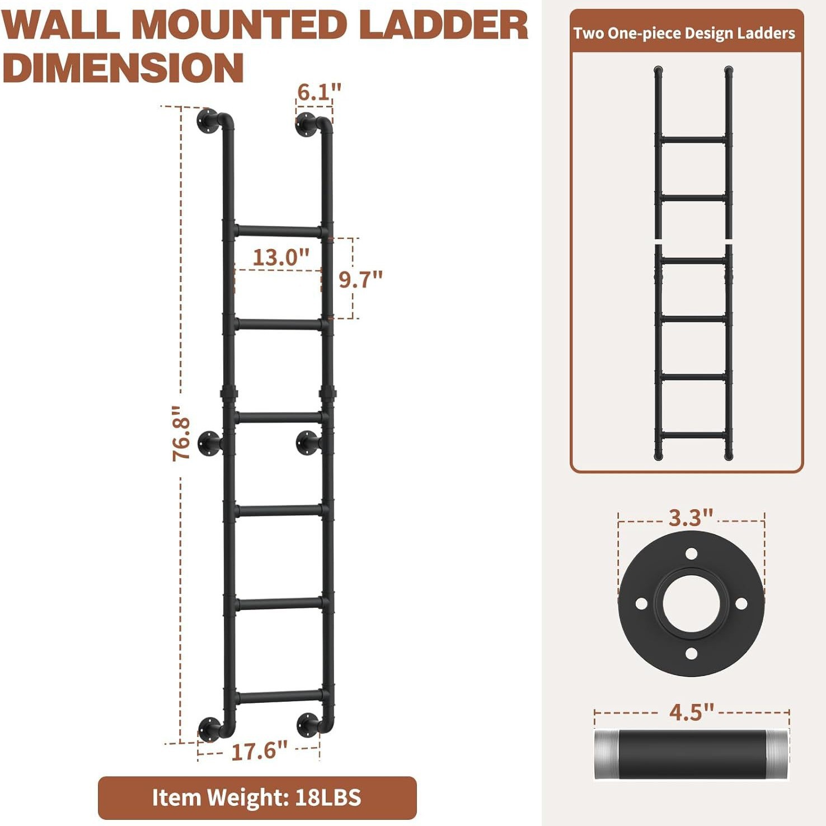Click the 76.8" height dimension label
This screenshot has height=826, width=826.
(x=181, y=434)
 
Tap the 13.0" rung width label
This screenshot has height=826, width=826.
(x=281, y=257)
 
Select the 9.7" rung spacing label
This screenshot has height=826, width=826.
(x=361, y=279)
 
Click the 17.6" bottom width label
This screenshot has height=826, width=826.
(x=259, y=751)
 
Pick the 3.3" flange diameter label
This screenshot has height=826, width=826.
(x=691, y=518)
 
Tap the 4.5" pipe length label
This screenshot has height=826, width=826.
(x=692, y=712)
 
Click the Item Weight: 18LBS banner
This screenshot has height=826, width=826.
(x=257, y=797)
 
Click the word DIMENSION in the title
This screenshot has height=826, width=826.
(x=123, y=68)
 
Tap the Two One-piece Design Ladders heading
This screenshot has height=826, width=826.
(x=684, y=34)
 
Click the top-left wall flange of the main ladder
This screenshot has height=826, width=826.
(x=208, y=121)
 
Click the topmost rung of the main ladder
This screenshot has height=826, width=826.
(x=278, y=231)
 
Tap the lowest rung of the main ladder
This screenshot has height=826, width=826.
(x=278, y=697)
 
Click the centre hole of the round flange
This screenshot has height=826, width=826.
(x=691, y=604)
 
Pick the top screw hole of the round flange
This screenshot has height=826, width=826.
(x=691, y=553)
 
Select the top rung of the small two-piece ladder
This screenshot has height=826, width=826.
(x=693, y=139)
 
